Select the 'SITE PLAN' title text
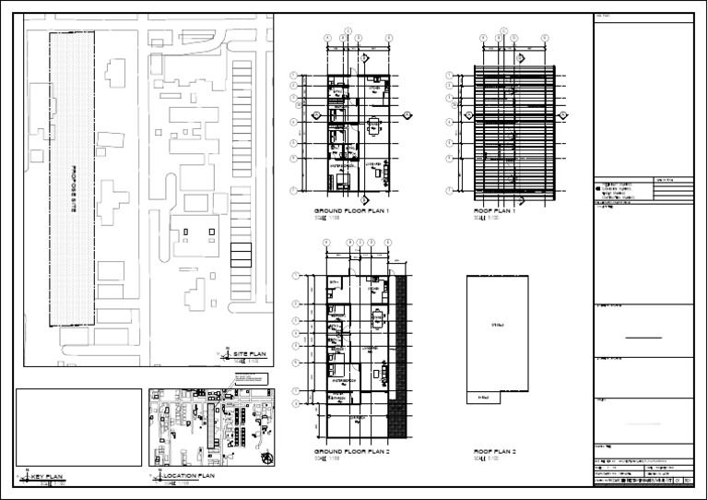[250, 354]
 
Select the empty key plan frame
[78, 427]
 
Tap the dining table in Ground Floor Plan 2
[377, 321]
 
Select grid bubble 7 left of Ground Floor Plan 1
[293, 191]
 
